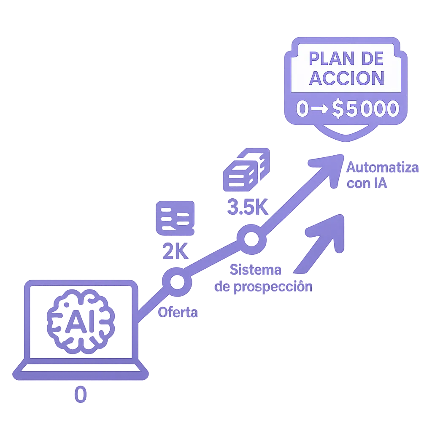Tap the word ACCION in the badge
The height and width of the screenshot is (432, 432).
coord(347,78)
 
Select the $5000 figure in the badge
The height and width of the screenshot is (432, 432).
coord(365,109)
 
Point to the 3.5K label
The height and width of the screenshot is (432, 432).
coord(248,207)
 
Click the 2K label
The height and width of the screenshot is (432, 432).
coord(175,252)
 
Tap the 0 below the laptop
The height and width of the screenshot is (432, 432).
coord(80,395)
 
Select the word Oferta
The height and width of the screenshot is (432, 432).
coord(178,313)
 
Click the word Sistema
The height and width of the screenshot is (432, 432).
coord(256,269)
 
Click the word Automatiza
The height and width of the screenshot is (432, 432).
coord(382,168)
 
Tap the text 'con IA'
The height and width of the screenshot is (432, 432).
coord(367,184)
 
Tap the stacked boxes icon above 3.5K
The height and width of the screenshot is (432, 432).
coord(246,170)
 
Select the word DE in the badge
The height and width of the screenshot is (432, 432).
coord(372,59)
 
